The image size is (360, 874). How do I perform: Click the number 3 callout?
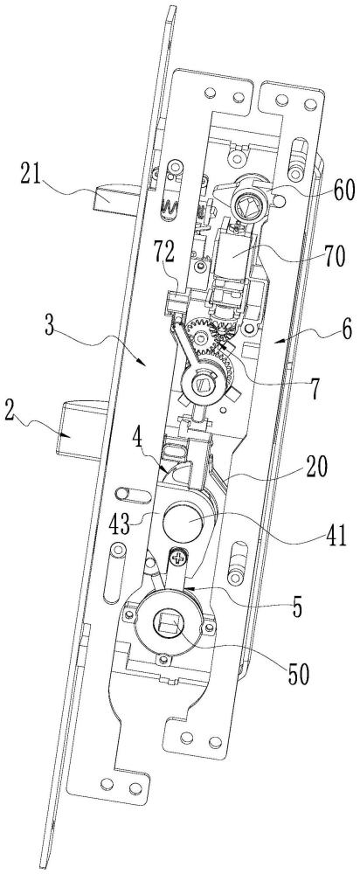tap(50, 326)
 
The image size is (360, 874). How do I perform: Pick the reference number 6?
tap(347, 331)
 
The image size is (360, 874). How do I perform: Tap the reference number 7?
tap(315, 389)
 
